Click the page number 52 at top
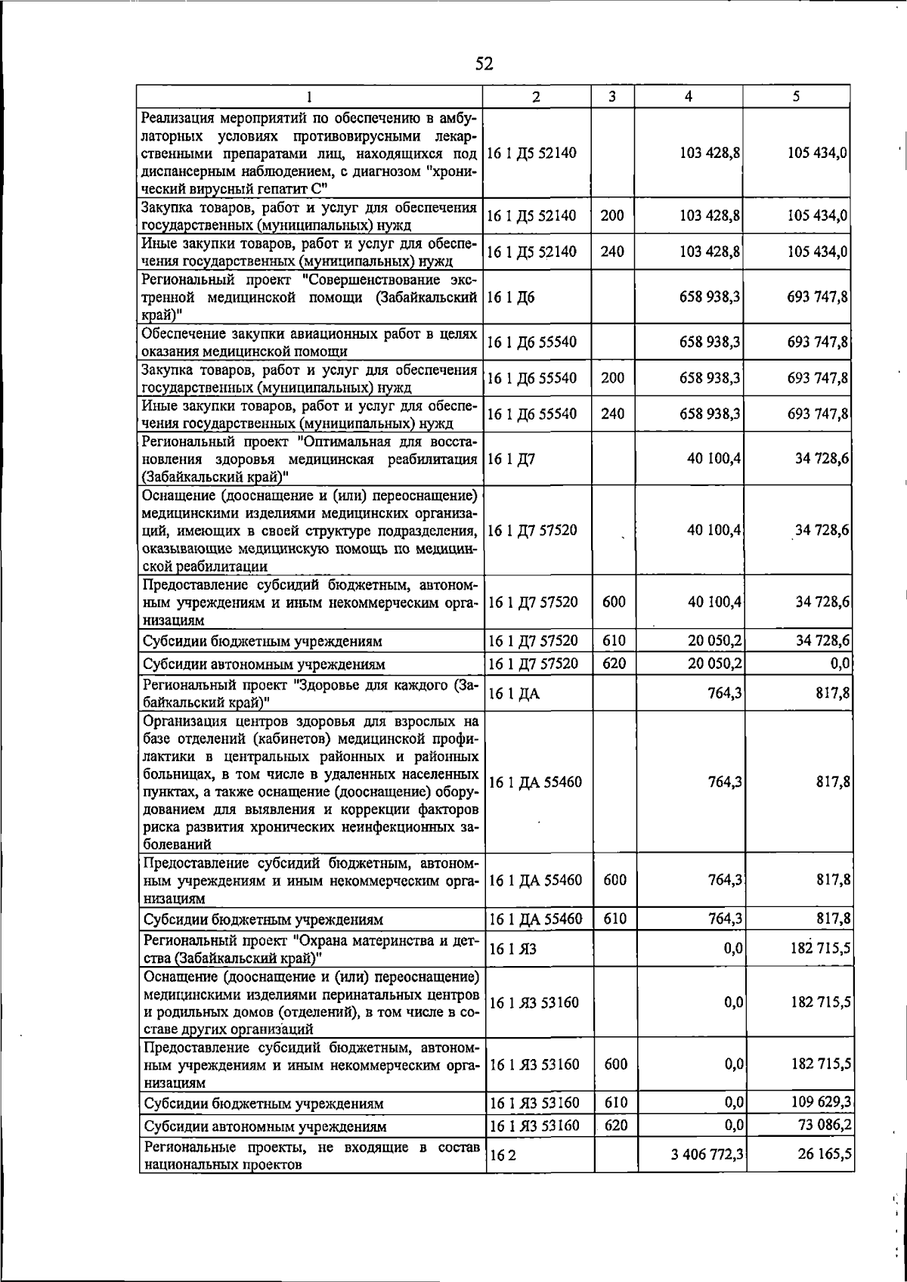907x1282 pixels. [x=484, y=64]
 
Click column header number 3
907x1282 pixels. [x=611, y=97]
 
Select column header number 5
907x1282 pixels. [x=797, y=97]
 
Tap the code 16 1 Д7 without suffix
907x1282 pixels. [x=512, y=458]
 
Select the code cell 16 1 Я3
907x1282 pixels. [x=512, y=949]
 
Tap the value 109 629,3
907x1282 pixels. [x=822, y=1102]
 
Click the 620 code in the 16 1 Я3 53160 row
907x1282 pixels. [x=616, y=1125]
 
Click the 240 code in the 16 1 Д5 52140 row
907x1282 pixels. [x=612, y=252]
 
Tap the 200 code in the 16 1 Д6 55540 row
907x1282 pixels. [x=612, y=378]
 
